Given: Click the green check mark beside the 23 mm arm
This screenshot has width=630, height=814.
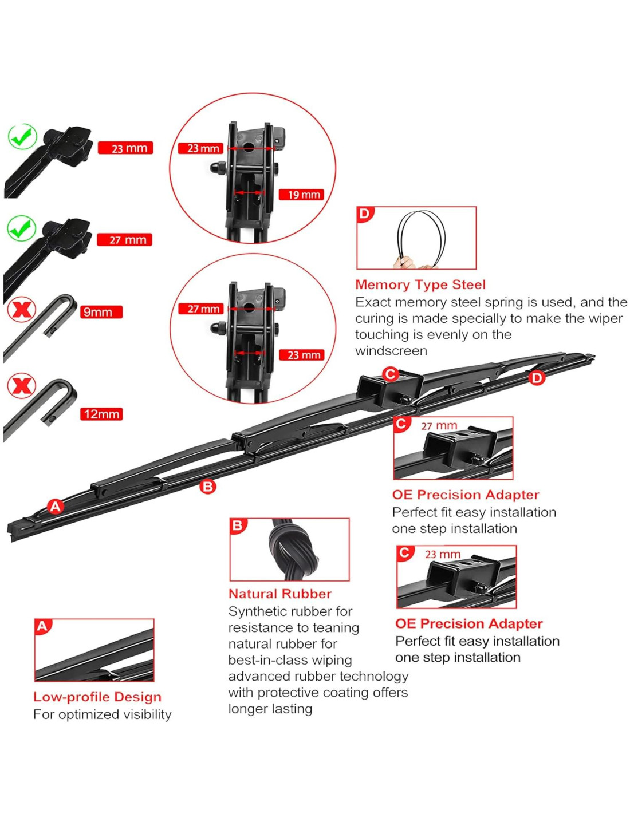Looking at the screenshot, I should point(22,137).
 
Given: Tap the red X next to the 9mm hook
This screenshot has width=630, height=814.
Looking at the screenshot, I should point(21,310).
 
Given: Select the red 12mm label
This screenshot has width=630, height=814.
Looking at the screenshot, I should point(101,414).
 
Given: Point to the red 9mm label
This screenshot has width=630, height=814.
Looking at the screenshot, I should point(100,312).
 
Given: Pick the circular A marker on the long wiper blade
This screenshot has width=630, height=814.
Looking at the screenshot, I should point(55,506).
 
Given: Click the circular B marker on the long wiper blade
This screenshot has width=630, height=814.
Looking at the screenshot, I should point(207,487).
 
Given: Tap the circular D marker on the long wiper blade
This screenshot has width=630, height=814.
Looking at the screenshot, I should point(537,378).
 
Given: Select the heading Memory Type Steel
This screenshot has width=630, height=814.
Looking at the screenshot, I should point(420,284).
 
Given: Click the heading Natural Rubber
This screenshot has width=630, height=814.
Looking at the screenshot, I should point(279,594).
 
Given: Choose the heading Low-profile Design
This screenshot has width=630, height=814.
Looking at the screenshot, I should point(97,697).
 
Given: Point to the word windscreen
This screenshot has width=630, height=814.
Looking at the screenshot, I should point(391,351).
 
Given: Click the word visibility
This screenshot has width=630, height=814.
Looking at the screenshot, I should point(143,714).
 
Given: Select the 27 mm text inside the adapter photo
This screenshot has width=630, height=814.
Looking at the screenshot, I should point(439,426).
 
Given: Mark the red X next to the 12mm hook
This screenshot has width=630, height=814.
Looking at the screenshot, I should point(21,385).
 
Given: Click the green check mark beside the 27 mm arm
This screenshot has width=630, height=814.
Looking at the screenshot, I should point(21,228).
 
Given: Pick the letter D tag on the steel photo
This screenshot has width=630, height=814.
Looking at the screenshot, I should point(365,214).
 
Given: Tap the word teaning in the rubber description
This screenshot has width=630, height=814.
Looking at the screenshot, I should point(336,627).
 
